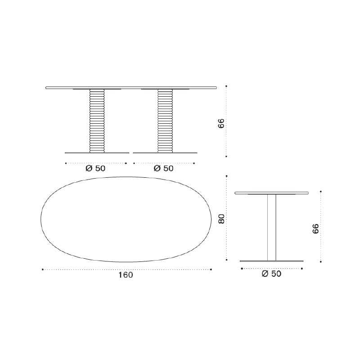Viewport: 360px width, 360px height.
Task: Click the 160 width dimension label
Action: tap(126, 275)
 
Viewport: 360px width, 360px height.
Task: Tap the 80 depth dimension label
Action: tap(221, 219)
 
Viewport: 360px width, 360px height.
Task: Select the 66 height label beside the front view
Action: tap(221, 123)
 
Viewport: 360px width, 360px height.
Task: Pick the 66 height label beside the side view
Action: tap(316, 229)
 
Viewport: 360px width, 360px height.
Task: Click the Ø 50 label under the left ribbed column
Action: tap(95, 168)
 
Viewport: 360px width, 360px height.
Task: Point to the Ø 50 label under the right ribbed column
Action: tap(163, 168)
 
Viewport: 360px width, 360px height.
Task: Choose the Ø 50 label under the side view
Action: tap(271, 274)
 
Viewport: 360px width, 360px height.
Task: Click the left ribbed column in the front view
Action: tap(97, 121)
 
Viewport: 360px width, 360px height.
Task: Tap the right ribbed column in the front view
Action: tap(165, 121)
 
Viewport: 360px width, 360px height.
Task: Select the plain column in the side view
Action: tap(272, 228)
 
